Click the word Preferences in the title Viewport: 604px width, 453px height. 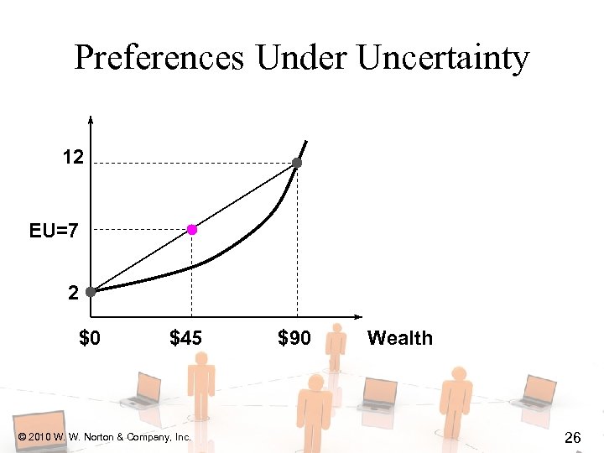[160, 58]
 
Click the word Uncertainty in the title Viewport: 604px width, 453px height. [443, 58]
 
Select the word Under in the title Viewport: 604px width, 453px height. [302, 58]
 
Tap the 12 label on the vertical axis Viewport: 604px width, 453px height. [72, 157]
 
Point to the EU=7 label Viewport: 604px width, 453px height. [54, 229]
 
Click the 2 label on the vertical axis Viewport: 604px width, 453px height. [74, 294]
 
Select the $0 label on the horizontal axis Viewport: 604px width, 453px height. [91, 339]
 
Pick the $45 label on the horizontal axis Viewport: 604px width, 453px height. [186, 339]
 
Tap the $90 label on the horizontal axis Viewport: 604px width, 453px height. [294, 339]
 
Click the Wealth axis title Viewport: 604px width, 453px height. [400, 339]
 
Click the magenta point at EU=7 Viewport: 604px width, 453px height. [192, 229]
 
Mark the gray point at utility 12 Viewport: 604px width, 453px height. [296, 163]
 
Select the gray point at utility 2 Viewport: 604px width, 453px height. [91, 292]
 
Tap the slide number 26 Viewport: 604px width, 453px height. [574, 437]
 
